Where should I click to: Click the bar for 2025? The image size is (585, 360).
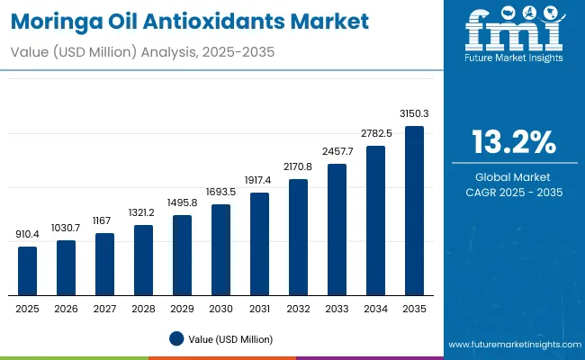28,271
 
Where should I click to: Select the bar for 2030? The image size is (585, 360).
221,249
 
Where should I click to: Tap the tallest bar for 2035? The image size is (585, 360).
414,211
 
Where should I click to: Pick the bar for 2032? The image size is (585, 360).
299,237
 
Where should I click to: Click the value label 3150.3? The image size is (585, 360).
414,113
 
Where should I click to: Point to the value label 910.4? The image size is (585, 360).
28,234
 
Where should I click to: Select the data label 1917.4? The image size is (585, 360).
260,180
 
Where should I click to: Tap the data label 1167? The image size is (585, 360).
105,220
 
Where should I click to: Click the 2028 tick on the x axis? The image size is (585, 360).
144,309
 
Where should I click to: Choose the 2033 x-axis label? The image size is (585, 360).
337,309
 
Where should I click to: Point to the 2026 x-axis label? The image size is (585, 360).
67,309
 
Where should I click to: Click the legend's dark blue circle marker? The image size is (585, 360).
176,339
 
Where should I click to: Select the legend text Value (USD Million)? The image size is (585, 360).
229,339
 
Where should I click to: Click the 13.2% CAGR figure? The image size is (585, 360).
513,143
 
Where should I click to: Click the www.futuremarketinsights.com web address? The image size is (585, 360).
513,345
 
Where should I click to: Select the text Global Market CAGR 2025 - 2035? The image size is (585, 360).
513,184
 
